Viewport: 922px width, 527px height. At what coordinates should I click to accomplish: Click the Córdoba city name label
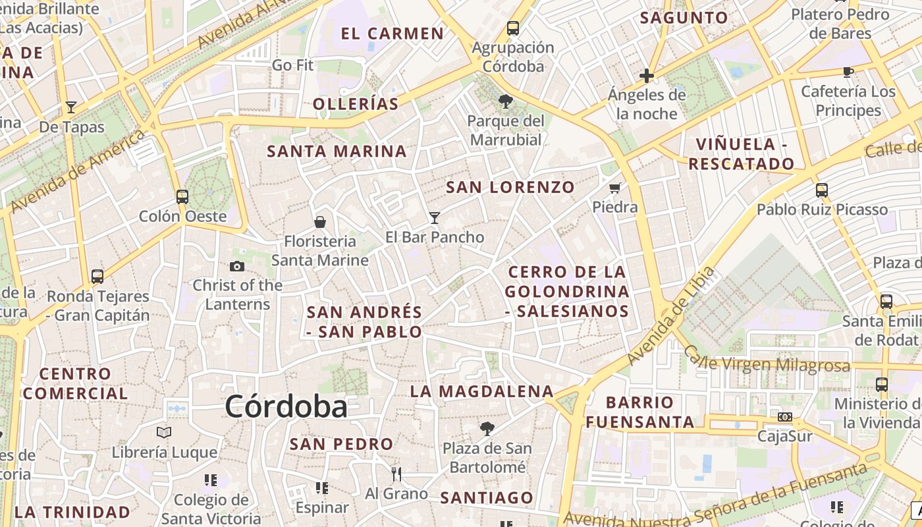pyautogui.click(x=286, y=406)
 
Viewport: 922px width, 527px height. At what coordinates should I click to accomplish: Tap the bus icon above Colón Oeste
pyautogui.click(x=182, y=196)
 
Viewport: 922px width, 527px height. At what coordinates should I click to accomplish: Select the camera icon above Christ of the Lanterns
pyautogui.click(x=237, y=266)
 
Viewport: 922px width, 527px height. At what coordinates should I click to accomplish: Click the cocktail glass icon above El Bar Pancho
pyautogui.click(x=434, y=217)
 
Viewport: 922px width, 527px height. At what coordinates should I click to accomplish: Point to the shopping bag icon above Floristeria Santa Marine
pyautogui.click(x=320, y=222)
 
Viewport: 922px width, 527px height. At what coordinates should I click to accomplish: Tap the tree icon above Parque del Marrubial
pyautogui.click(x=506, y=101)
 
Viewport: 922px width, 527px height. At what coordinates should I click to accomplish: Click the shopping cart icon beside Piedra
pyautogui.click(x=615, y=188)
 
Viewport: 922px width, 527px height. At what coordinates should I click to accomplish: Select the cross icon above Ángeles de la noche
pyautogui.click(x=646, y=76)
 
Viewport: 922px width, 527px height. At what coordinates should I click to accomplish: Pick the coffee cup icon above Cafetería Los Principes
pyautogui.click(x=848, y=72)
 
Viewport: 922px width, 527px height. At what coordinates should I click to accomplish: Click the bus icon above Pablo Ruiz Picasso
pyautogui.click(x=822, y=190)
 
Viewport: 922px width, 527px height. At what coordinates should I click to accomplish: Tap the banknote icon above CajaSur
pyautogui.click(x=784, y=417)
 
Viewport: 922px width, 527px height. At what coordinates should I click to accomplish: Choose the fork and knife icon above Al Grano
pyautogui.click(x=396, y=474)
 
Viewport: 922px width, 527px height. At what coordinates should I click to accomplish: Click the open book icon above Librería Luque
pyautogui.click(x=164, y=433)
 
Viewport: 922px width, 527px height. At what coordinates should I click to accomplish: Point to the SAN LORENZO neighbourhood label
pyautogui.click(x=510, y=187)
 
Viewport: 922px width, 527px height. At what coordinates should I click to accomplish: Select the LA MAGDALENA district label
pyautogui.click(x=482, y=391)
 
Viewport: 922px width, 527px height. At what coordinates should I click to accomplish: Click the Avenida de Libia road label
pyautogui.click(x=671, y=316)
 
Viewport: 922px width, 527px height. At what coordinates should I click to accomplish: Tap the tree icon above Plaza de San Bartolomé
pyautogui.click(x=487, y=429)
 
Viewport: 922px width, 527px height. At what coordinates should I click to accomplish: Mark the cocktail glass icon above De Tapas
pyautogui.click(x=71, y=107)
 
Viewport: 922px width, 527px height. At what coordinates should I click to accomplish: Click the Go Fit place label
pyautogui.click(x=293, y=65)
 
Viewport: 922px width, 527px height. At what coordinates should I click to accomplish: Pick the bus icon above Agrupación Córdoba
pyautogui.click(x=513, y=28)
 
